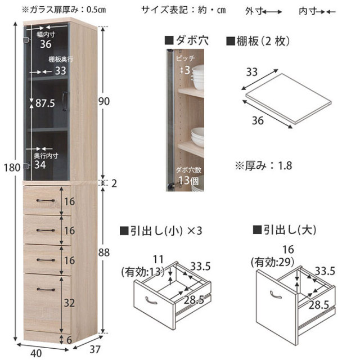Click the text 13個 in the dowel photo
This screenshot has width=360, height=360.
pyautogui.click(x=187, y=180)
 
